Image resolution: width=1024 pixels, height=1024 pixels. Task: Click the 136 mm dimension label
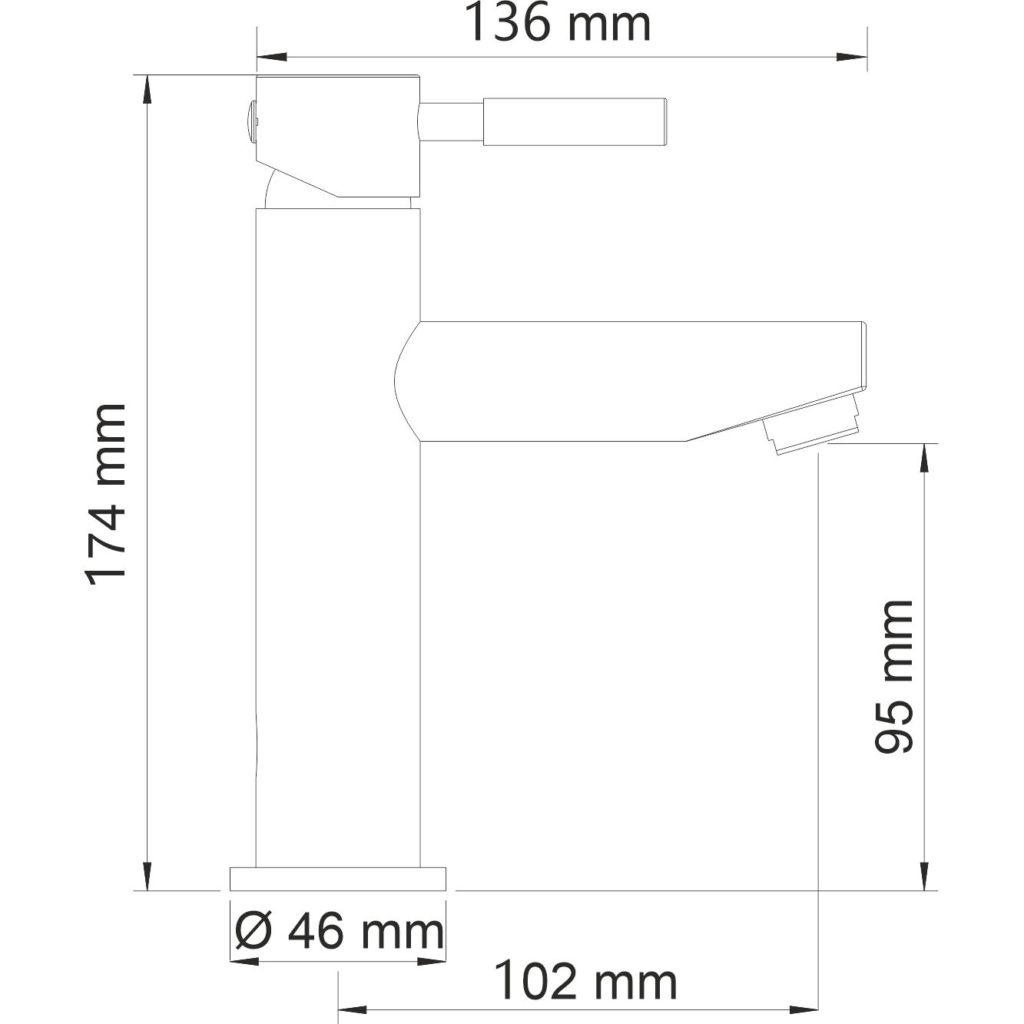pyautogui.click(x=558, y=25)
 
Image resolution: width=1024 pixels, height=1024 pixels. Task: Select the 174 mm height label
pyautogui.click(x=106, y=495)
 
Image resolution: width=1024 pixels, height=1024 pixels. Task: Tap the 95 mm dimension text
pyautogui.click(x=894, y=676)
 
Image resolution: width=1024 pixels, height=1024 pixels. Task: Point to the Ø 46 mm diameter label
pyautogui.click(x=338, y=933)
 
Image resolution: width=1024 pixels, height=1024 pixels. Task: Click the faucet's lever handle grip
pyautogui.click(x=575, y=121)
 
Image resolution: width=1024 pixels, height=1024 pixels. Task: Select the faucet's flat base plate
pyautogui.click(x=338, y=879)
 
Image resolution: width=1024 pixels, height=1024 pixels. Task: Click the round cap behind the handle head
pyautogui.click(x=250, y=121)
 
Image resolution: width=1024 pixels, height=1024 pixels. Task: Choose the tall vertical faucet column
pyautogui.click(x=338, y=538)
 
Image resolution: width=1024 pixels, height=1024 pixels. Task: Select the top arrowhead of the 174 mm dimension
pyautogui.click(x=146, y=88)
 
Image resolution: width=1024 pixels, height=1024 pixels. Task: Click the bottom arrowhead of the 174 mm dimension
pyautogui.click(x=146, y=877)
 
